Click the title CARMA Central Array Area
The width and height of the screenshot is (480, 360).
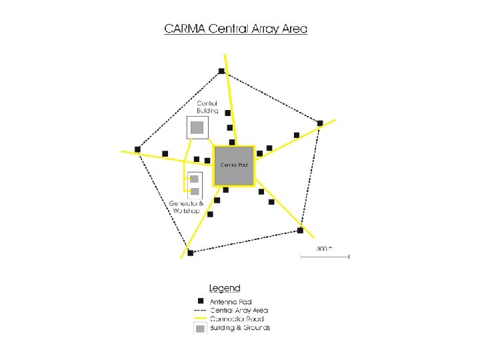tap(236, 29)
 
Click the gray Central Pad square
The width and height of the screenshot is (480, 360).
tap(234, 165)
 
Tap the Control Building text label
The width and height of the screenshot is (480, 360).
tap(207, 107)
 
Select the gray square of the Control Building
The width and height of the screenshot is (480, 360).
tap(197, 127)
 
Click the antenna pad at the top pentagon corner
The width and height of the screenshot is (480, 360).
tap(221, 71)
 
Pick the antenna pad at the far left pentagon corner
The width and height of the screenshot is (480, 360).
tap(137, 149)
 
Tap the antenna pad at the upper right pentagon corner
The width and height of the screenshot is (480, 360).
tap(320, 123)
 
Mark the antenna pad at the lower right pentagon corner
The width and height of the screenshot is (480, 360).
tap(301, 231)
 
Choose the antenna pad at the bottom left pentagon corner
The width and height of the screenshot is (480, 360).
tap(191, 252)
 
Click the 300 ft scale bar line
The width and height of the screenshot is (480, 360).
tap(325, 256)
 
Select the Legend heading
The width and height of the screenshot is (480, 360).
tap(224, 289)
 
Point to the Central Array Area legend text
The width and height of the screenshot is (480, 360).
tap(239, 310)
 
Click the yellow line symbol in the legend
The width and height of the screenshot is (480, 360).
tap(199, 319)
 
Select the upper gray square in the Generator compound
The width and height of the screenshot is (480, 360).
tap(195, 179)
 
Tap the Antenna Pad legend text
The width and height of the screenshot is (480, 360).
tap(231, 302)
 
